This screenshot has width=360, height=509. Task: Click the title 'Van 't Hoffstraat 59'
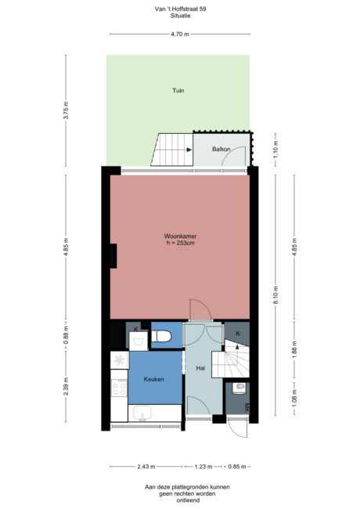tap(179, 9)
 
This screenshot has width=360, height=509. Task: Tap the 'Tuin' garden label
tap(178, 91)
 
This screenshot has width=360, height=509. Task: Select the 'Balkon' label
tap(221, 148)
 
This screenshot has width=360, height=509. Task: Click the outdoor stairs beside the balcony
tap(175, 150)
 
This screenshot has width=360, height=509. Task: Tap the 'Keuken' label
tap(153, 380)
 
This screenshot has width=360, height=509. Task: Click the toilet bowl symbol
tap(163, 337)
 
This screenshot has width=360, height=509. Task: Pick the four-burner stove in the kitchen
tap(120, 388)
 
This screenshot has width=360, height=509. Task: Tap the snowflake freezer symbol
tap(120, 360)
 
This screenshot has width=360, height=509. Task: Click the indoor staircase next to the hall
tap(234, 362)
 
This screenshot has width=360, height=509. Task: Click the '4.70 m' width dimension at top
tap(179, 34)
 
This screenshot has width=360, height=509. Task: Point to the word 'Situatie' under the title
tap(179, 16)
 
